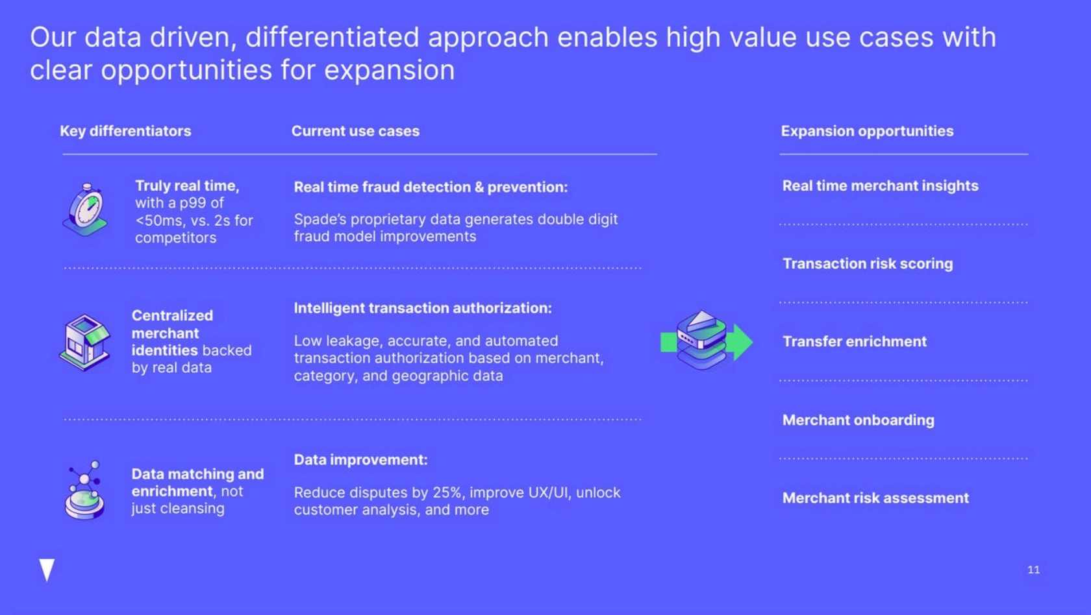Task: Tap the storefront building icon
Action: pos(84,343)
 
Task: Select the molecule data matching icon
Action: pos(84,490)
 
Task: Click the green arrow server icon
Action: pos(707,341)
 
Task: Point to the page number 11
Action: pos(1034,570)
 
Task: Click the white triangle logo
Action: pos(47,570)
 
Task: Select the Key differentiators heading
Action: pos(126,131)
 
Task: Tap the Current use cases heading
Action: pos(356,131)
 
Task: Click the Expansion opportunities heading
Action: pos(868,131)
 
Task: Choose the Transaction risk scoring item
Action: pos(868,263)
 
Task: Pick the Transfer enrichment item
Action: pos(855,341)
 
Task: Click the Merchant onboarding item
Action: pos(859,420)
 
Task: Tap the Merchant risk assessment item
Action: pos(875,498)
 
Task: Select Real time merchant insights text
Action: pos(881,186)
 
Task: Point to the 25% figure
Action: pos(447,492)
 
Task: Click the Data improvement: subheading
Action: pos(361,460)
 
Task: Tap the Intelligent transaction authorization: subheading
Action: pos(423,308)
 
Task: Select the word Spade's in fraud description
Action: pos(320,219)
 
